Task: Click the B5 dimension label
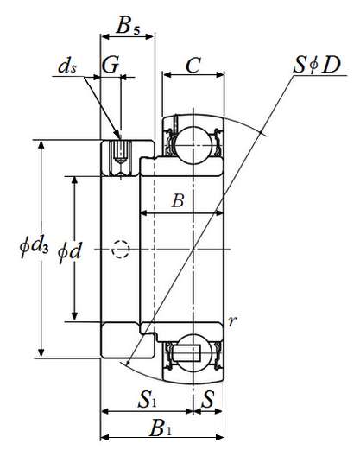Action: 128,26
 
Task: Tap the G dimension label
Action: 111,64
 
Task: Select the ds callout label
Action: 67,66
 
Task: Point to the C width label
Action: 193,65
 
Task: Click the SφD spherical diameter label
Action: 317,65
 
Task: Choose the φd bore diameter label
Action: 70,251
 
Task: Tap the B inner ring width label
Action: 178,200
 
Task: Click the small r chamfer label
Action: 232,321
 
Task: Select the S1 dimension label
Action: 148,399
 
